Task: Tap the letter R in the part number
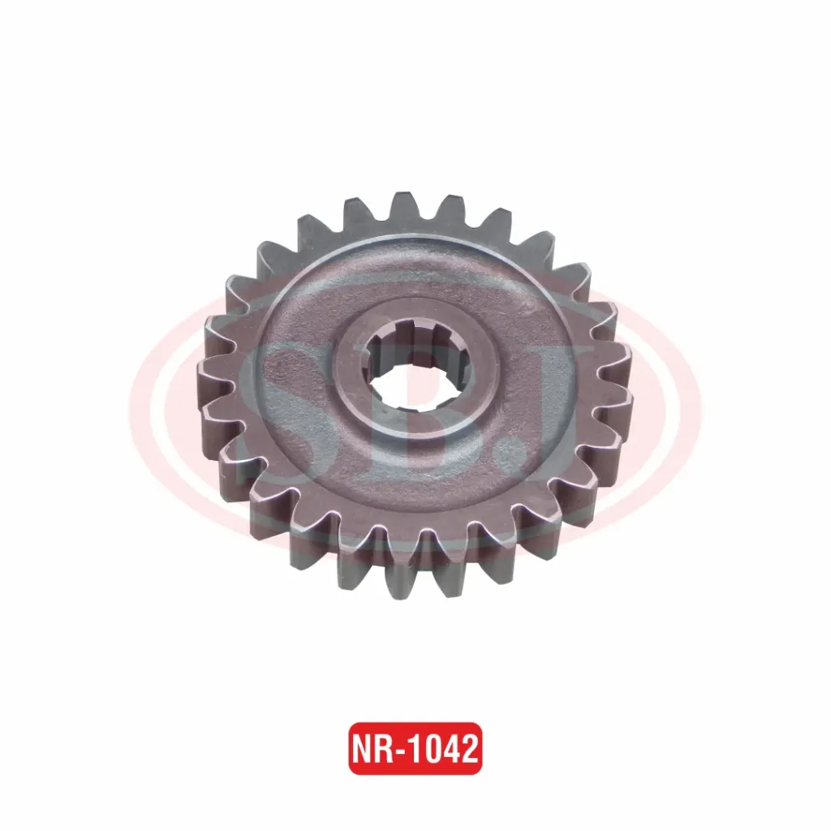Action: [x=385, y=749]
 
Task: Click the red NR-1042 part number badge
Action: [x=415, y=748]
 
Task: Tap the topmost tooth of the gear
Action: [x=402, y=206]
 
